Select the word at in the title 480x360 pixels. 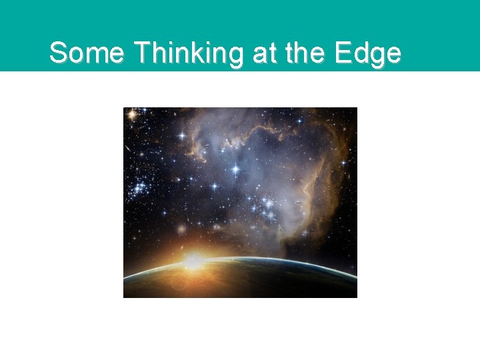coord(263,53)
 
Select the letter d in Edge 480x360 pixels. coord(360,53)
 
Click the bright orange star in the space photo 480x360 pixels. coord(132,115)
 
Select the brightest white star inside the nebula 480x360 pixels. coord(235,169)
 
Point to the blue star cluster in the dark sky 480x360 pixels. coord(141,187)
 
